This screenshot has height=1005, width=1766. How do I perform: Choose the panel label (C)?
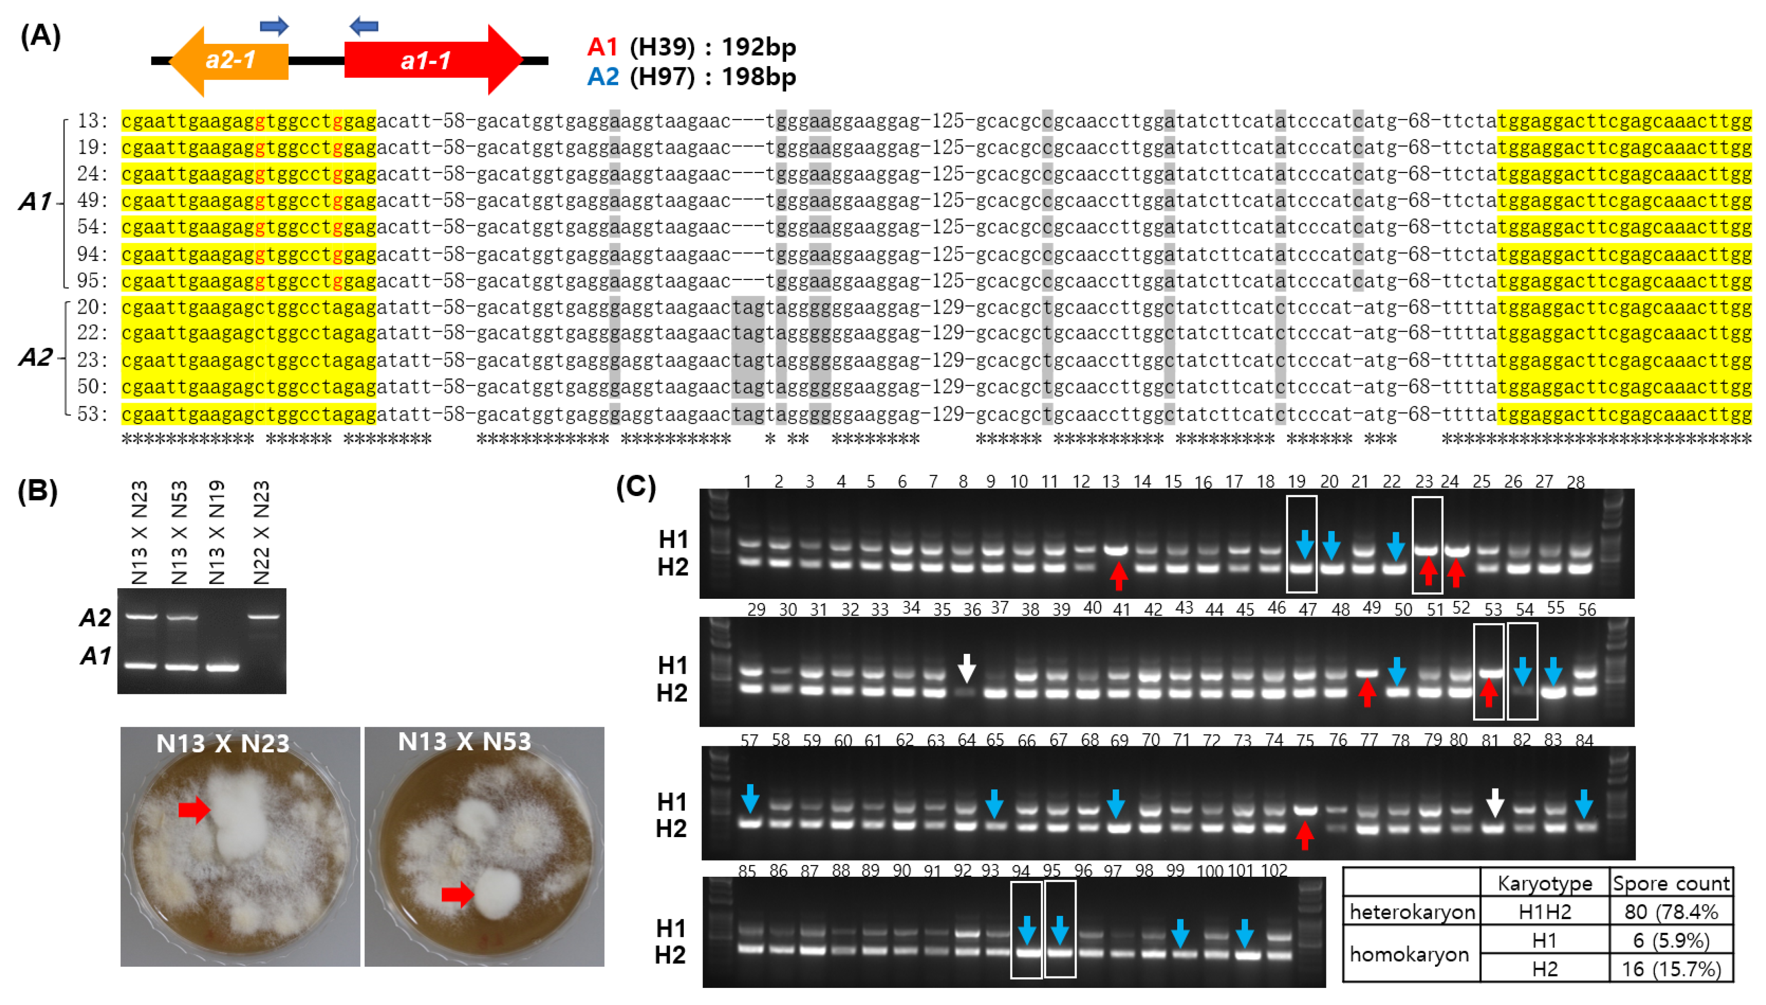pos(635,487)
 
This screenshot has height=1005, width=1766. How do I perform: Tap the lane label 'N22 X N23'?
pos(261,533)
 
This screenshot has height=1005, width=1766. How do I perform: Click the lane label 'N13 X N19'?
pos(217,533)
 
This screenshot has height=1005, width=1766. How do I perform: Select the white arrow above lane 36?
pos(967,667)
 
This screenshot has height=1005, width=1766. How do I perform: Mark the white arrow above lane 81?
pos(1495,803)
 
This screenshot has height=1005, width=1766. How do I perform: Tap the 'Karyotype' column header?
pos(1544,884)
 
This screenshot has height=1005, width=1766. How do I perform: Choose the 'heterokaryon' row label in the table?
pos(1412,912)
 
